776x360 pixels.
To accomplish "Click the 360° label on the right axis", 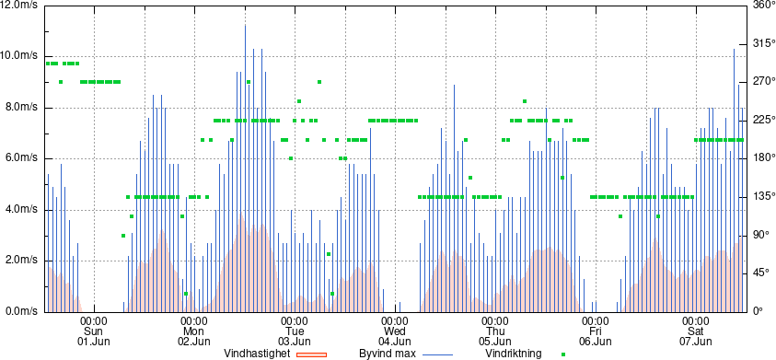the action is pos(763,5).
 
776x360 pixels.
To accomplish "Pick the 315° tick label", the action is pos(763,43).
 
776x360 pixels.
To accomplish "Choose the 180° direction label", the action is pos(763,158).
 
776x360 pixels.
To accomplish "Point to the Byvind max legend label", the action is pos(387,354).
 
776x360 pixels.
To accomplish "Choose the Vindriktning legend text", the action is pos(514,354).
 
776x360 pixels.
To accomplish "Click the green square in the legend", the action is pos(562,354).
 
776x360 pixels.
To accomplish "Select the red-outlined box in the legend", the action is pos(311,354).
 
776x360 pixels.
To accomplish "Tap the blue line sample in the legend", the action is pos(437,354).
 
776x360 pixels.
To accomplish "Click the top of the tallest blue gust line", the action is pos(245,25).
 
